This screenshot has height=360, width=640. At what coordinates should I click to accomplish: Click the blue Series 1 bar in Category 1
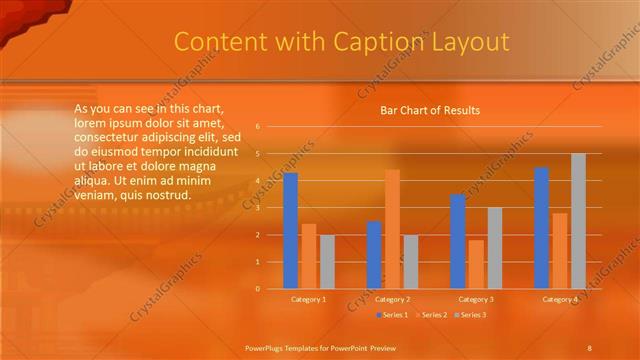[x=290, y=231]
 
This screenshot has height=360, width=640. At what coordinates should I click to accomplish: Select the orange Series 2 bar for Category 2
[x=392, y=229]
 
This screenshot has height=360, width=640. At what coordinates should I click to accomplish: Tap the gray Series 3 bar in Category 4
[x=578, y=221]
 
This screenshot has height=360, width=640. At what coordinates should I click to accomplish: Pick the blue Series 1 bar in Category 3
[x=457, y=241]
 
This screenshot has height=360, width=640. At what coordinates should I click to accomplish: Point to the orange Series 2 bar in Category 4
[x=560, y=251]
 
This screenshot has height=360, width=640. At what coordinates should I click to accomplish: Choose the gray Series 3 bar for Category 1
[x=327, y=262]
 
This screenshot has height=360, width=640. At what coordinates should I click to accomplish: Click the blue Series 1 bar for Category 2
[x=374, y=255]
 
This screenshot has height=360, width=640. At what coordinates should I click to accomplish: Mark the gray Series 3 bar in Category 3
[x=494, y=248]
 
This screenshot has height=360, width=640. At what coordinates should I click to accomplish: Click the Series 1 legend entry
[x=393, y=315]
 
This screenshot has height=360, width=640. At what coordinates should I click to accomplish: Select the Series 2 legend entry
[x=430, y=315]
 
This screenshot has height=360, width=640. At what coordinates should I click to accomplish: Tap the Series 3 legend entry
[x=469, y=315]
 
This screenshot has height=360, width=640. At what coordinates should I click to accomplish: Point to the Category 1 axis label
[x=308, y=299]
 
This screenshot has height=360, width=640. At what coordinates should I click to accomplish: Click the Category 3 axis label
[x=476, y=299]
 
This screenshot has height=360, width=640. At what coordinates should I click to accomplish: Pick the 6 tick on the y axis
[x=257, y=127]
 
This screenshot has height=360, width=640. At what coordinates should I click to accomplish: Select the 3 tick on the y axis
[x=257, y=208]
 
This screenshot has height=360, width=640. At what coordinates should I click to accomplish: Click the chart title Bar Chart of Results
[x=430, y=110]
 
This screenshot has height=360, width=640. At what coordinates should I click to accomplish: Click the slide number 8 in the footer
[x=589, y=346]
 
